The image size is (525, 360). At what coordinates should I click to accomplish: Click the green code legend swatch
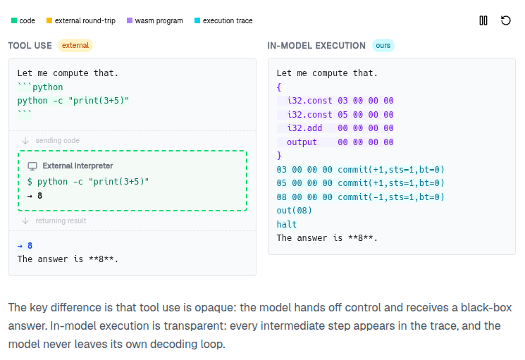14,20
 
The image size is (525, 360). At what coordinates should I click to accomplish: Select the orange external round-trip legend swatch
49,20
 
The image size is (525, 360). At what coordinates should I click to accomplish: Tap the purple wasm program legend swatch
130,20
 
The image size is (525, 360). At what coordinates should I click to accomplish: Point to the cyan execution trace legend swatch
197,20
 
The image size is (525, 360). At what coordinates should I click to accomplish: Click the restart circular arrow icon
505,20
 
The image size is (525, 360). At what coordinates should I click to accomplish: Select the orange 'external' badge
75,46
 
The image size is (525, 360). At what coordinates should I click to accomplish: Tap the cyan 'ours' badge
383,46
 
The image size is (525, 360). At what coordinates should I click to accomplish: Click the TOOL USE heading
30,46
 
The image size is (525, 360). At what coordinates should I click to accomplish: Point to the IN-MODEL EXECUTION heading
316,46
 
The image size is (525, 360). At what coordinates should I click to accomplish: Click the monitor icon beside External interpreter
32,166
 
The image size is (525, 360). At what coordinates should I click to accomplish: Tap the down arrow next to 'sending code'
25,141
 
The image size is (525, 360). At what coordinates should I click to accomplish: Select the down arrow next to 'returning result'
25,221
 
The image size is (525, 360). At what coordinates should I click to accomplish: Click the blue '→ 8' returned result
25,246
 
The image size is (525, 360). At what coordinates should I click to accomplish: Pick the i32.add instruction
304,128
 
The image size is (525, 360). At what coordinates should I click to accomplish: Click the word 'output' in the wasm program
302,142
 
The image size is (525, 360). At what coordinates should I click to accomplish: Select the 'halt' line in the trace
287,224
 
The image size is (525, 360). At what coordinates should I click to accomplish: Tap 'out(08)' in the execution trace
295,211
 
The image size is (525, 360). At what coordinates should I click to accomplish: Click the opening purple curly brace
279,87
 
